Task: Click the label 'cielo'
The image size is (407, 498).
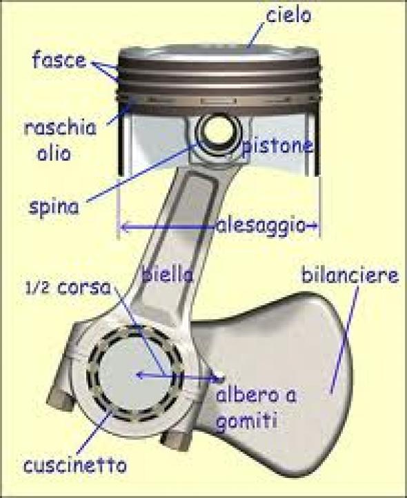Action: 288,15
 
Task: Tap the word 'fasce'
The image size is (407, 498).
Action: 59,59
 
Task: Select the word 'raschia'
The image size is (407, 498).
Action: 60,128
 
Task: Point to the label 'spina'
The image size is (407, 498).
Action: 54,208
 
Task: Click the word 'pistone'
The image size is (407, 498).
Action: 277,146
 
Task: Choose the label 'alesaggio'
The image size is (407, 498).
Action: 261,226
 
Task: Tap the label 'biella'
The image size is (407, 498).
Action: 168,274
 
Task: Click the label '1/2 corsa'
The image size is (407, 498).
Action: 68,289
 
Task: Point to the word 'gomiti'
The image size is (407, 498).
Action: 246,421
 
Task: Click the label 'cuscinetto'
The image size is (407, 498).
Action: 75,466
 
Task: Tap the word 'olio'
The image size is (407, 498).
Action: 54,153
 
